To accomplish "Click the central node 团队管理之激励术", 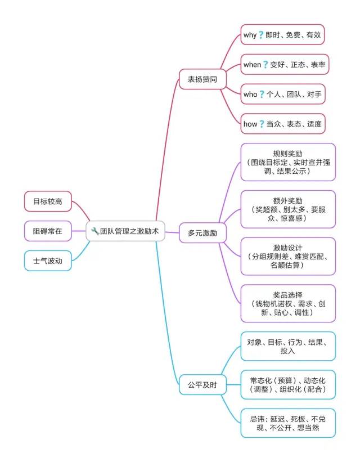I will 125,231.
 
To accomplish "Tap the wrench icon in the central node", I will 95,231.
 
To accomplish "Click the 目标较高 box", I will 48,201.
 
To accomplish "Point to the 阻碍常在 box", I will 48,231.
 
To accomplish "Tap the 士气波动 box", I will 48,261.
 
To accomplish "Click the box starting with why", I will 283,35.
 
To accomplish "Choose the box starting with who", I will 283,94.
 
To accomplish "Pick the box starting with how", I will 283,124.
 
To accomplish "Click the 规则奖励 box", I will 288,162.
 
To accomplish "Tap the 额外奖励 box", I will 288,209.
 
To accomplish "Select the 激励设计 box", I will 288,256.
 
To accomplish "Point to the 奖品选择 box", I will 288,303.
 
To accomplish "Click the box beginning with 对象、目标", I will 288,346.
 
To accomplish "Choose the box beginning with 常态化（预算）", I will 288,384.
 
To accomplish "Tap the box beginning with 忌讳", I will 288,423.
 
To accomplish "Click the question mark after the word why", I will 261,35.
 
